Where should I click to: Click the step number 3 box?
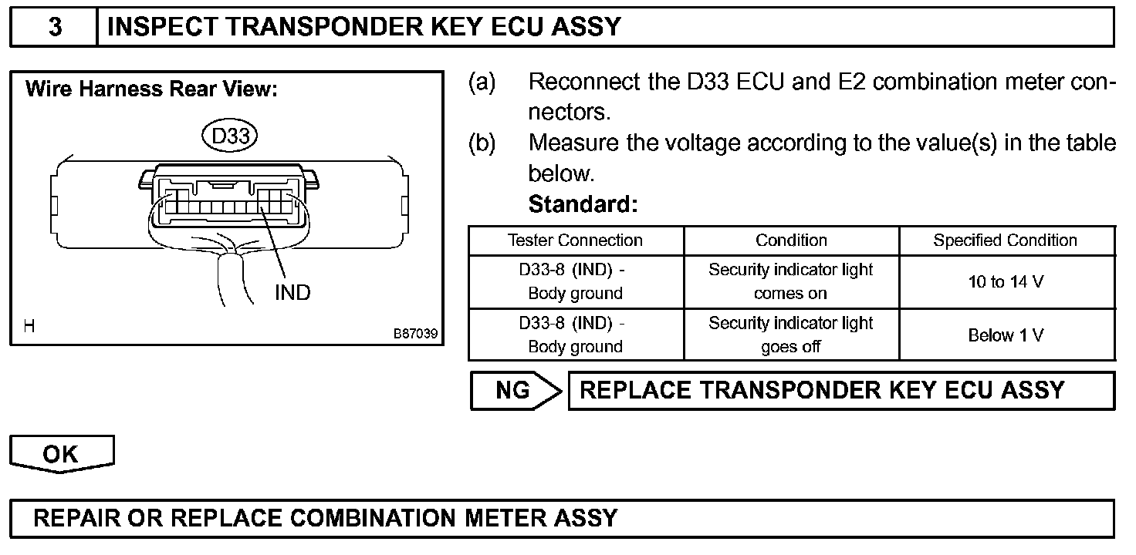coord(55,27)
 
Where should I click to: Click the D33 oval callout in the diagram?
coord(229,136)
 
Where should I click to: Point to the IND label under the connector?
coord(292,292)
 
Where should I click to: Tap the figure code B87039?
coord(415,334)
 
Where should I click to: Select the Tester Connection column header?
coord(575,240)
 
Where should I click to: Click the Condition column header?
coord(791,240)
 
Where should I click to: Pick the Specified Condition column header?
coord(1005,240)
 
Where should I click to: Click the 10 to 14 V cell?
coord(1006,282)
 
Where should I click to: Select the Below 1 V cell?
coord(1006,335)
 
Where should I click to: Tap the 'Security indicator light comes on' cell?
coord(791,281)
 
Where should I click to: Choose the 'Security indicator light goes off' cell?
coord(791,335)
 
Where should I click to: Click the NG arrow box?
coord(516,391)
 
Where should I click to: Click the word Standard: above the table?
coord(583,205)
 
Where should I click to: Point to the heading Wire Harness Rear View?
coord(151,89)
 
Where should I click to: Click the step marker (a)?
coord(482,82)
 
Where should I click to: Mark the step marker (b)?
coord(482,143)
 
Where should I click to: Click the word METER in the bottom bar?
coord(504,517)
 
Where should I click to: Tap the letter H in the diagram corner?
coord(29,326)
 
